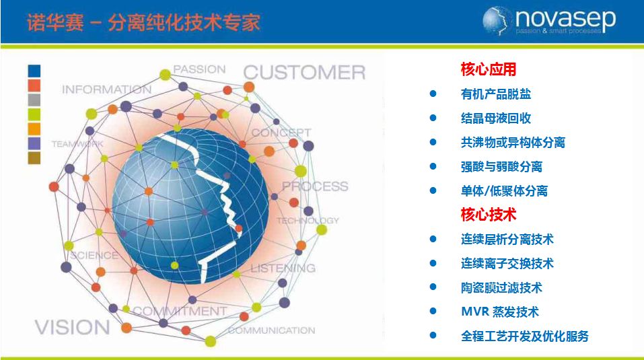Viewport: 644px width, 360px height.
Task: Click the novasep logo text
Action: pyautogui.click(x=565, y=20)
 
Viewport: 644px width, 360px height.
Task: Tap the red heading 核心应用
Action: pyautogui.click(x=489, y=69)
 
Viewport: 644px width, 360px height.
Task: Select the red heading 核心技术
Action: pyautogui.click(x=489, y=214)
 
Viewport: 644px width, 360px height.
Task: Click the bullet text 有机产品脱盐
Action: pyautogui.click(x=496, y=94)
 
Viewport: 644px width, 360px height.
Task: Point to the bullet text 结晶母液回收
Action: pyautogui.click(x=496, y=118)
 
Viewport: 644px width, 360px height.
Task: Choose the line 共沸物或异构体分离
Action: pyautogui.click(x=513, y=143)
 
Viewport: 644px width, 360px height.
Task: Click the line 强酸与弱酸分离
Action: pyautogui.click(x=501, y=167)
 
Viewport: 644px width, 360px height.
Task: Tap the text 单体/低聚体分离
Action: pyautogui.click(x=504, y=191)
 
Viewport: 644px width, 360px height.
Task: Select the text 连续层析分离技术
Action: pyautogui.click(x=507, y=240)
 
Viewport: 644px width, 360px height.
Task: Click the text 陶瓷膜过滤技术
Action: pyautogui.click(x=501, y=288)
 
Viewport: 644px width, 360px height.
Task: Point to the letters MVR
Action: pyautogui.click(x=475, y=312)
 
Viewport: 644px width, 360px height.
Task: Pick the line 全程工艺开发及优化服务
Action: pyautogui.click(x=524, y=336)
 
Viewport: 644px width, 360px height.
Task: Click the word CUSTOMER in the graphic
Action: pyautogui.click(x=304, y=73)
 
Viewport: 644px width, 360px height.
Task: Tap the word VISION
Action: pyautogui.click(x=72, y=327)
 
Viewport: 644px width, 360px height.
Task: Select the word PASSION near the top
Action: pyautogui.click(x=199, y=69)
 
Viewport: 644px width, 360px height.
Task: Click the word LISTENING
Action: pyautogui.click(x=283, y=268)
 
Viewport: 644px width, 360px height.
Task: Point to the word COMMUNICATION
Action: pyautogui.click(x=271, y=330)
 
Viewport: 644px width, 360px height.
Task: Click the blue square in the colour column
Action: pyautogui.click(x=34, y=71)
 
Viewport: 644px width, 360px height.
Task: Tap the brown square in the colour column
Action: pyautogui.click(x=34, y=158)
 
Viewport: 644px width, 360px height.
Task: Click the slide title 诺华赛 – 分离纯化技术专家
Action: pyautogui.click(x=143, y=22)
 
